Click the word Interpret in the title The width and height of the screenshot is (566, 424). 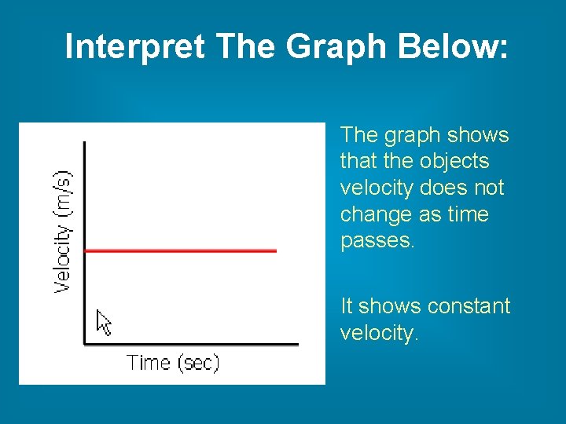pos(134,47)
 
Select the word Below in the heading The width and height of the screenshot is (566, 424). pos(454,47)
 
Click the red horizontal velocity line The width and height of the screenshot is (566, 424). pos(181,250)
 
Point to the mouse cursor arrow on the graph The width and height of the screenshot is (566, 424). pos(103,322)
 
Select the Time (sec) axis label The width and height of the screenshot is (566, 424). pos(173,363)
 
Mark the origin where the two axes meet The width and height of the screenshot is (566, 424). pos(85,343)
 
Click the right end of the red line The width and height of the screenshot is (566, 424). pos(276,250)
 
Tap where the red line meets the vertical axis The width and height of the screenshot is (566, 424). pos(85,250)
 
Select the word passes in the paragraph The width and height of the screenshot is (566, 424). pos(375,241)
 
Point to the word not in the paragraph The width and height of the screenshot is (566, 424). pos(487,188)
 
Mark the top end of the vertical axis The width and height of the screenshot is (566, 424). pos(85,143)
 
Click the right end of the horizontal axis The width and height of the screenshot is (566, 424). pos(298,343)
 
